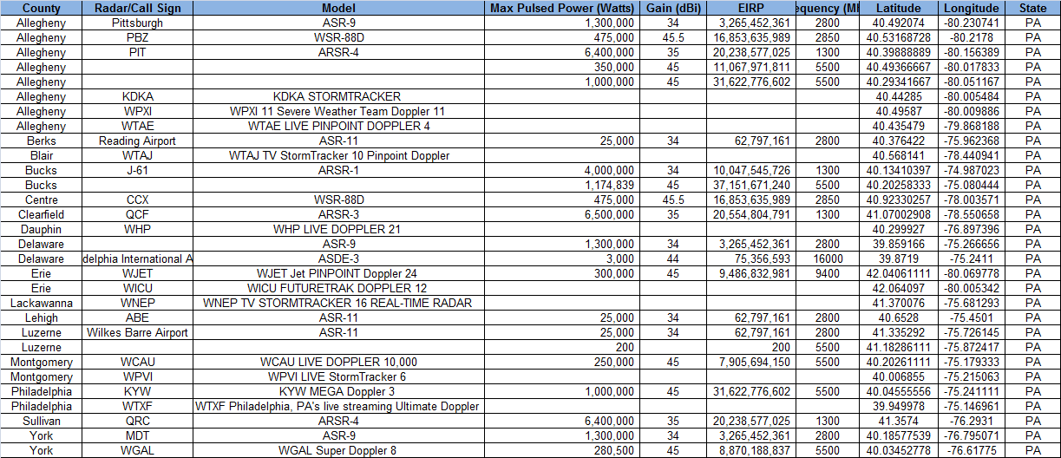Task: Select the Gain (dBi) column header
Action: [672, 8]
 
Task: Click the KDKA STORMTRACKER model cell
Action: [337, 96]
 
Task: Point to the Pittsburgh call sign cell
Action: [137, 23]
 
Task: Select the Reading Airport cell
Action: [137, 141]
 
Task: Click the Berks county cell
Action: [41, 141]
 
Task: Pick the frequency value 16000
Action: [828, 258]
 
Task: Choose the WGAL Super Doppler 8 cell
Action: [337, 450]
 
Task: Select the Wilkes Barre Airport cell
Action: [137, 332]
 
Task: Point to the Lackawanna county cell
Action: [41, 303]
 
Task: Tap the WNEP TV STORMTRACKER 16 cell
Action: [337, 303]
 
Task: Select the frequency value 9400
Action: [828, 273]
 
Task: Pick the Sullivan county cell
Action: [41, 421]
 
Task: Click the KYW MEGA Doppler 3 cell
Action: [337, 391]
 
